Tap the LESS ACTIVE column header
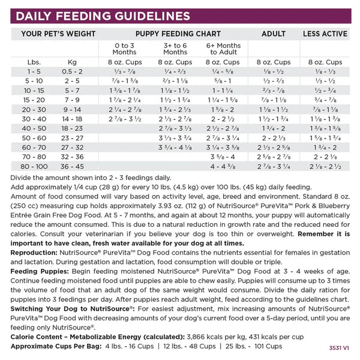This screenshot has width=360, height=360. pyautogui.click(x=325, y=34)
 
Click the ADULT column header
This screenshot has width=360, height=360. pyautogui.click(x=273, y=34)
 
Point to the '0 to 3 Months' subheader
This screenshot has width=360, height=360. pyautogui.click(x=124, y=49)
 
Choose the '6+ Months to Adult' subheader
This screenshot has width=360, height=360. pyautogui.click(x=223, y=49)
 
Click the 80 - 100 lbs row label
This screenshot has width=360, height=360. pyautogui.click(x=34, y=166)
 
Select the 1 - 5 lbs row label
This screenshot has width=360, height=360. pyautogui.click(x=34, y=71)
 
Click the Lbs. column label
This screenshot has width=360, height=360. pyautogui.click(x=34, y=62)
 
